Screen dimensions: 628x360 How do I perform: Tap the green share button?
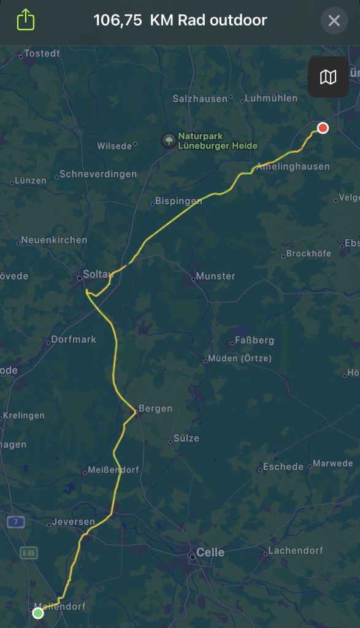[25, 20]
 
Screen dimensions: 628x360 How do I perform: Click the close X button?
[334, 21]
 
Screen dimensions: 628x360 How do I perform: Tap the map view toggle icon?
[328, 77]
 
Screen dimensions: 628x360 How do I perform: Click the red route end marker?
[323, 128]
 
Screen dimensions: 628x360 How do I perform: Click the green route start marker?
[38, 613]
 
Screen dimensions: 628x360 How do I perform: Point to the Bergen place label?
[155, 408]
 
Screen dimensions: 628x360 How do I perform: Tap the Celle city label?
[210, 553]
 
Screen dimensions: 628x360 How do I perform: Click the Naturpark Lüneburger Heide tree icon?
[167, 140]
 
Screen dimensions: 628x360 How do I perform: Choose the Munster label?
[215, 276]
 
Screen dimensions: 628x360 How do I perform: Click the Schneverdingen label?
[98, 174]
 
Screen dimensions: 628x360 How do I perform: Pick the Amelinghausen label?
[293, 166]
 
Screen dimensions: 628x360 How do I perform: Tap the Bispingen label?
[178, 201]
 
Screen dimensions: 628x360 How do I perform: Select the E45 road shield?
[28, 553]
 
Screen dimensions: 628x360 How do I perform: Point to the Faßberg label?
[254, 340]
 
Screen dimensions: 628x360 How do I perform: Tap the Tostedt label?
[42, 53]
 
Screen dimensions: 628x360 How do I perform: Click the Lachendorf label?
[296, 550]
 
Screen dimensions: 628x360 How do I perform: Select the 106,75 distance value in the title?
[118, 20]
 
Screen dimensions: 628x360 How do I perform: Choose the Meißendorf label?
[114, 470]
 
